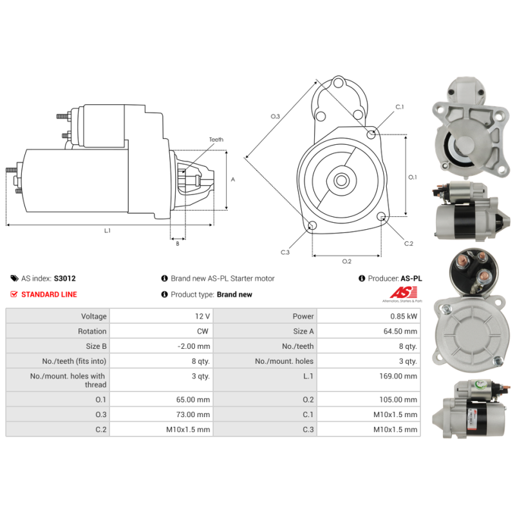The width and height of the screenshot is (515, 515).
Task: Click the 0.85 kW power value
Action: (404, 316)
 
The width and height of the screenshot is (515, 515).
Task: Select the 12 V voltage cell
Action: (202, 316)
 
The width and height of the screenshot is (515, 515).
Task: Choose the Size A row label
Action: (303, 331)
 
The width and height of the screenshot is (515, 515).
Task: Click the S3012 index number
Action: (65, 279)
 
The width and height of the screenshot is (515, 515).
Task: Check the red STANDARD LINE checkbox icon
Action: (14, 294)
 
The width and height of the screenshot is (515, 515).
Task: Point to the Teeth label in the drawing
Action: (216, 140)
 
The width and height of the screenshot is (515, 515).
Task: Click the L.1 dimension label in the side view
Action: (108, 230)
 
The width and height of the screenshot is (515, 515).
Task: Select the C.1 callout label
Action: (399, 107)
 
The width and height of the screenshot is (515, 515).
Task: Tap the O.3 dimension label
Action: (275, 117)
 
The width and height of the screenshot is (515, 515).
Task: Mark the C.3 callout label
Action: (285, 252)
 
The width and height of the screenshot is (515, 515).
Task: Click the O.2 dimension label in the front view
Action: (346, 261)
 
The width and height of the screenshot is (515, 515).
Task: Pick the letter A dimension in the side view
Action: (232, 180)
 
